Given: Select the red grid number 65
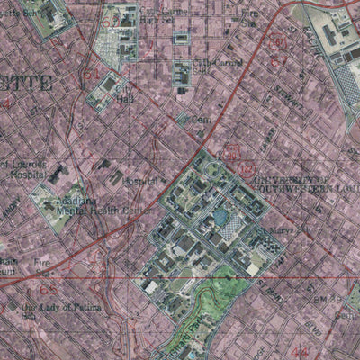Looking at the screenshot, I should point(47,290).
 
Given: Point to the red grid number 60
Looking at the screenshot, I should point(110,20).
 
